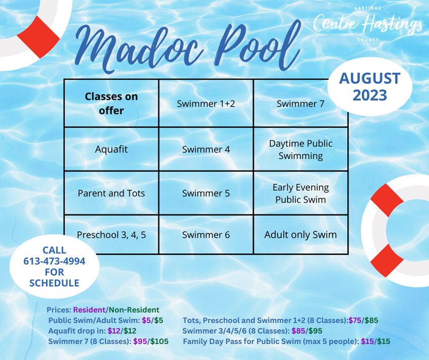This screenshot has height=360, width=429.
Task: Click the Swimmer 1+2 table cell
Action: (206, 104)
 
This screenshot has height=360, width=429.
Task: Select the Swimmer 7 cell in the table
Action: (300, 104)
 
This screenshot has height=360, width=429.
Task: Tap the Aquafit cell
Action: (112, 149)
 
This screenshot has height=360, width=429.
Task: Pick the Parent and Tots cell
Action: (112, 193)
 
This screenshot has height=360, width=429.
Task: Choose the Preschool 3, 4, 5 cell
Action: (112, 235)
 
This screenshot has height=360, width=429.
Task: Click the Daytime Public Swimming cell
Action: (300, 149)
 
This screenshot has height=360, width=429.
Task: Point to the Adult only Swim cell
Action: (300, 235)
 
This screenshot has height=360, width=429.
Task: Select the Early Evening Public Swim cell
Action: (300, 193)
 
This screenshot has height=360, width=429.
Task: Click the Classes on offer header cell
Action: (112, 104)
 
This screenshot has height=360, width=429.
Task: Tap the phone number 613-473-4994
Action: (54, 261)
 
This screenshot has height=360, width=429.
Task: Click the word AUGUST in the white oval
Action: (369, 78)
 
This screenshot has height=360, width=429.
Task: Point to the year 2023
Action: (369, 95)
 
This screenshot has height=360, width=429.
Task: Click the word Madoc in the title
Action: (139, 48)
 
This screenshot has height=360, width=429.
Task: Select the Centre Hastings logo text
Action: (368, 24)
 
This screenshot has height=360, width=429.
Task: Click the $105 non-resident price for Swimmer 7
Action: (159, 341)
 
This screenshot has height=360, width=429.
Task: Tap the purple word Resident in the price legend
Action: (89, 310)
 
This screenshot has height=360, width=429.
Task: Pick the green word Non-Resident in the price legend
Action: (134, 310)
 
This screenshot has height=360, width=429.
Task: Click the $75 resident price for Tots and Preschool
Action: (355, 320)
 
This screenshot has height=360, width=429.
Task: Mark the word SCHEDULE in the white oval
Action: (54, 283)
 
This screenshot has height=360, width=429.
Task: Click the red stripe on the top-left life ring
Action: (38, 37)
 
